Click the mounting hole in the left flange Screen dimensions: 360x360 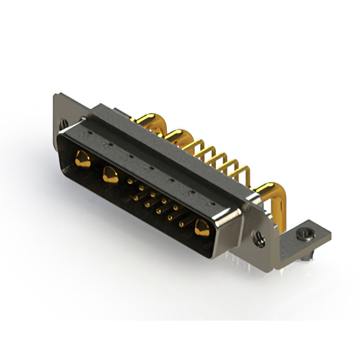[64, 122]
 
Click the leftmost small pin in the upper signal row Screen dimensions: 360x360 [130, 181]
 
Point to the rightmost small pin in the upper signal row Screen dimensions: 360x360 [176, 208]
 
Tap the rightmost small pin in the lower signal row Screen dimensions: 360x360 [181, 224]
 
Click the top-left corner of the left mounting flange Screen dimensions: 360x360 [54, 96]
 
